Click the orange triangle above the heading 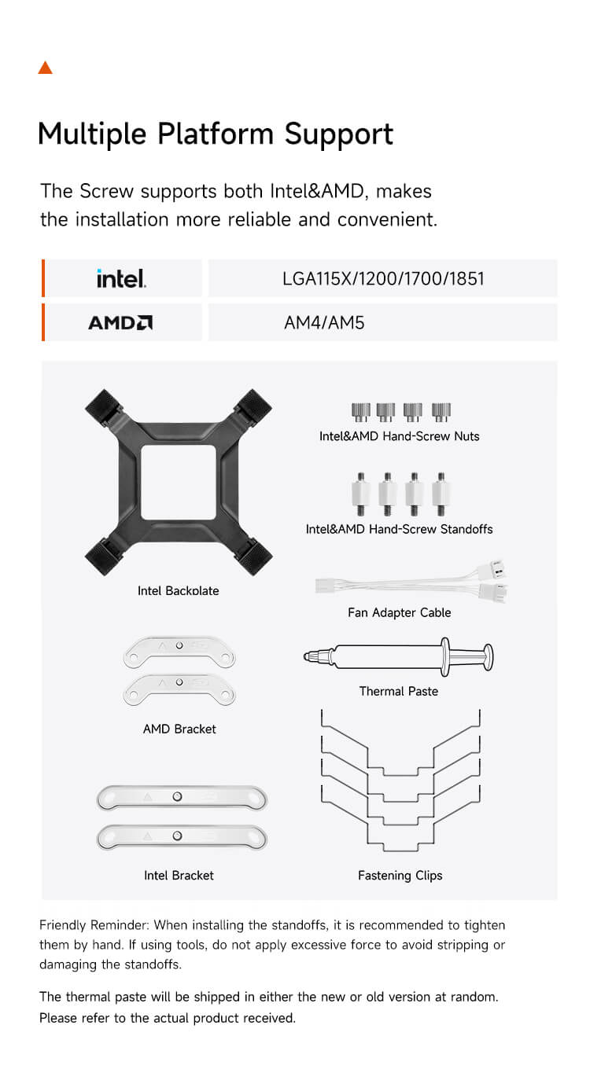coord(46,68)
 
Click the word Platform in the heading coord(215,134)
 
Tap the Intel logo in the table coord(121,278)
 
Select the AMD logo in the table coord(120,322)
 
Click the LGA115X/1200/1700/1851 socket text coord(383,279)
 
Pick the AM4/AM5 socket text coord(324,323)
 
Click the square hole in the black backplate coord(179,482)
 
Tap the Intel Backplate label coord(179,591)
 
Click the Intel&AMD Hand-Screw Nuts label coord(400,436)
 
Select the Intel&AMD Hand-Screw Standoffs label coord(400,529)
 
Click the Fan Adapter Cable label coord(400,613)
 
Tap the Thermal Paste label coord(399,692)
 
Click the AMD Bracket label coord(179,729)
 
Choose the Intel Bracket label coord(179,876)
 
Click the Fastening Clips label coord(400,876)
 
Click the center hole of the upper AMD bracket coord(179,645)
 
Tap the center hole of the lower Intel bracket coord(177,836)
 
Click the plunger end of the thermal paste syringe coord(489,657)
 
